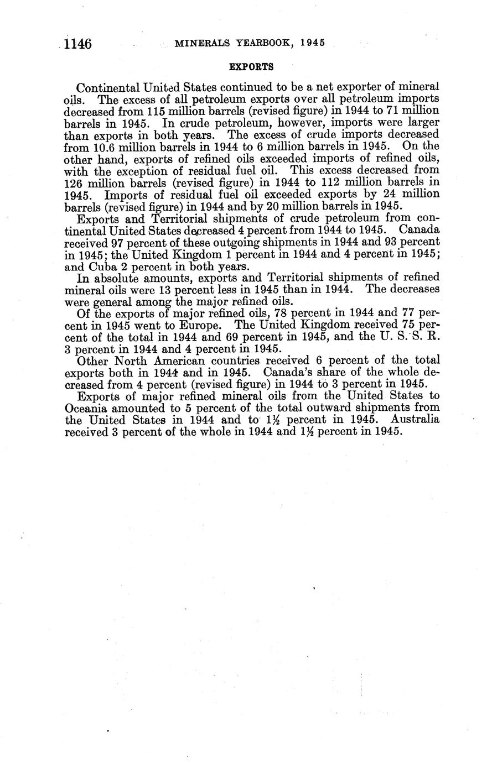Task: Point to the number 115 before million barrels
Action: pyautogui.click(x=164, y=111)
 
